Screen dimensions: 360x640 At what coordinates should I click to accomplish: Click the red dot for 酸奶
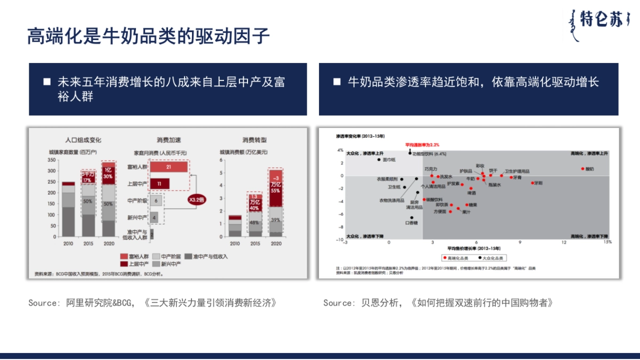[583, 169]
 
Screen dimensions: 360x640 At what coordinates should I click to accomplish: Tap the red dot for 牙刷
[532, 183]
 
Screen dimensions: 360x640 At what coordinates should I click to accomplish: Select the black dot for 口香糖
[412, 218]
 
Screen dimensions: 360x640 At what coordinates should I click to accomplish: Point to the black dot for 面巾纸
[379, 159]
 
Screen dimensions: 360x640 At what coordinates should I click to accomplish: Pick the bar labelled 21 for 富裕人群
[169, 167]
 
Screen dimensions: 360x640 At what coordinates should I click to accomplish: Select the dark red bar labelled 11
[159, 183]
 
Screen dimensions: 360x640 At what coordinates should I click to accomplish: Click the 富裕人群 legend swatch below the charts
[124, 256]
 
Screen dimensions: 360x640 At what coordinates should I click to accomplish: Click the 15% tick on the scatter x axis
[607, 242]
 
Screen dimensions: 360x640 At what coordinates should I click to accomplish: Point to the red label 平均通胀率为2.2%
[421, 144]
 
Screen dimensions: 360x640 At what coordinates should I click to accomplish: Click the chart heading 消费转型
[254, 140]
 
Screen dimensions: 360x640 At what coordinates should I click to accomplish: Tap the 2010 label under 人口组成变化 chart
[68, 243]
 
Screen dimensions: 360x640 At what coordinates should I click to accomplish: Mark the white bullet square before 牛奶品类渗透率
[337, 82]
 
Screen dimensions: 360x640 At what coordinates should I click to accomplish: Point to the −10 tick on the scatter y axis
[339, 240]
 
